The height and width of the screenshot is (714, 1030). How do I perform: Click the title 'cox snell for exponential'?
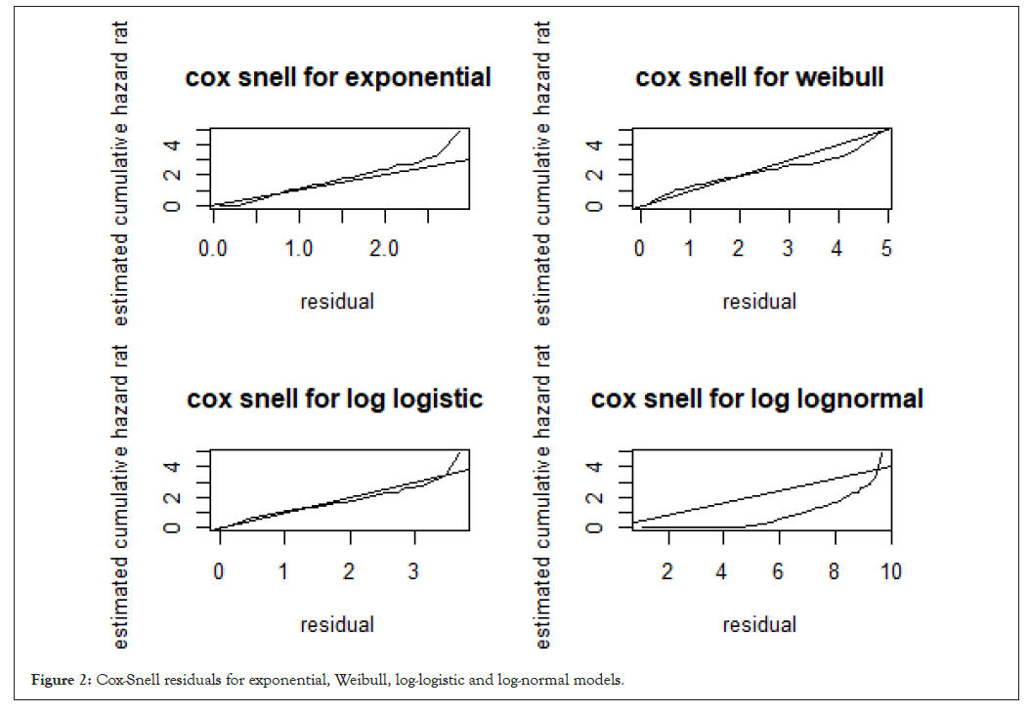click(x=338, y=77)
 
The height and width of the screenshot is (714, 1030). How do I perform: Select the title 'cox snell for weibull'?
click(x=759, y=77)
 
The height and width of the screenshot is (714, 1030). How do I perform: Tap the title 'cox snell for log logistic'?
click(x=335, y=399)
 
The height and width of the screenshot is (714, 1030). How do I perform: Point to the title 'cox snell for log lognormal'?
click(x=757, y=399)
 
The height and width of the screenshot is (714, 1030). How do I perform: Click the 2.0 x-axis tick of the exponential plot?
click(x=385, y=249)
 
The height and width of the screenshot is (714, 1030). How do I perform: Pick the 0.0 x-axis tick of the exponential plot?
click(x=213, y=249)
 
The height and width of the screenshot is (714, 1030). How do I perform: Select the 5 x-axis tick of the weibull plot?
click(x=886, y=249)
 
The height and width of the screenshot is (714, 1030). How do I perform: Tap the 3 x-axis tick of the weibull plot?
click(x=788, y=249)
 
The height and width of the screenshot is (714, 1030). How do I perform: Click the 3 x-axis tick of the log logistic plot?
click(x=414, y=571)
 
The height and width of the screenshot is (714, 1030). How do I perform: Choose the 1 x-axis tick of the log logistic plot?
click(x=283, y=571)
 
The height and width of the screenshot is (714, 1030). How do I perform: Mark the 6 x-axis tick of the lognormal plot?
click(x=778, y=571)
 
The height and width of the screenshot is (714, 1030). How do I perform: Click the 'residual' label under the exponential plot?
click(x=337, y=301)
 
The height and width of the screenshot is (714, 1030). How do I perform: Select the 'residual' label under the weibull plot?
click(x=759, y=301)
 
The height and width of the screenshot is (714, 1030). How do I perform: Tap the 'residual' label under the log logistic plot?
click(x=337, y=624)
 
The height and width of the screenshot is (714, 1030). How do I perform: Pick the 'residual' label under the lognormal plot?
click(x=759, y=624)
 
